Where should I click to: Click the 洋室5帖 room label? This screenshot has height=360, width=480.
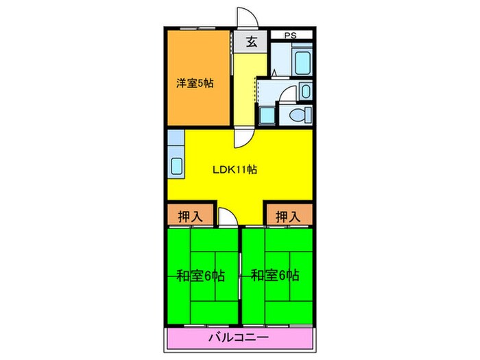(195, 84)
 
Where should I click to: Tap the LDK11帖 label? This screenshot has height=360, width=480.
(234, 169)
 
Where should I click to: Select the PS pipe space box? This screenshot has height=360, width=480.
(291, 34)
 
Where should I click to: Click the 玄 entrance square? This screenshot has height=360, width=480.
(252, 43)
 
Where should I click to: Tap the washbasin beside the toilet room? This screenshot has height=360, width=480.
(306, 91)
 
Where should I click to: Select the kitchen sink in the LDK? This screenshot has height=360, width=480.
(175, 166)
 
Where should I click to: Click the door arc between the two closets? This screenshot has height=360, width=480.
(228, 218)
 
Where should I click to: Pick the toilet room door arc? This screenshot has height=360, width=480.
(288, 93)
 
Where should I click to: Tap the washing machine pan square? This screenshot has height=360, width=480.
(266, 115)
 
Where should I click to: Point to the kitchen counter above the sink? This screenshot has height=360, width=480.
(175, 143)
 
